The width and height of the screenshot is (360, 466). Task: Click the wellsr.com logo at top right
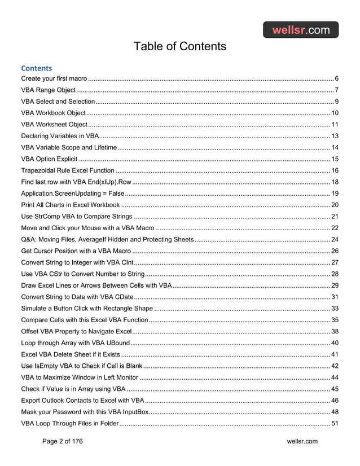pos(301,30)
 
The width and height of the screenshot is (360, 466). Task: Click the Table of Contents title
pos(179,46)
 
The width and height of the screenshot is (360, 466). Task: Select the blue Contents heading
pos(37,68)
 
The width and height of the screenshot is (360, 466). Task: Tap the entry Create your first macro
pos(54,78)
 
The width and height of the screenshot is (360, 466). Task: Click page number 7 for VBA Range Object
pos(336,90)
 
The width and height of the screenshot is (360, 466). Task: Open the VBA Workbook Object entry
pos(53,113)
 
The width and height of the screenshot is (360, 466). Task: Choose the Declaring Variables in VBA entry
pos(60,136)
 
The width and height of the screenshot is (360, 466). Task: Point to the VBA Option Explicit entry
pos(50,159)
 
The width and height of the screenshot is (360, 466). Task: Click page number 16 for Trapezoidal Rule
pos(335,170)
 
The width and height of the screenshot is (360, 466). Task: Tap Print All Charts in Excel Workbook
pos(70,205)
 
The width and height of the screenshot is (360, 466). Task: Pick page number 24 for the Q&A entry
pos(335,239)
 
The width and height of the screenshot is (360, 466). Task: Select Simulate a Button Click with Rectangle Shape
pos(87,309)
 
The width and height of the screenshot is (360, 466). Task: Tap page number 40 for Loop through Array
pos(335,343)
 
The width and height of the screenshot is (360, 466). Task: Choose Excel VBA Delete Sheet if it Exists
pos(71,354)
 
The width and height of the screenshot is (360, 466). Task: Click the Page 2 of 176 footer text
pos(62,441)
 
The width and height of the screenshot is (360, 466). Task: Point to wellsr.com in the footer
pos(302,441)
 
